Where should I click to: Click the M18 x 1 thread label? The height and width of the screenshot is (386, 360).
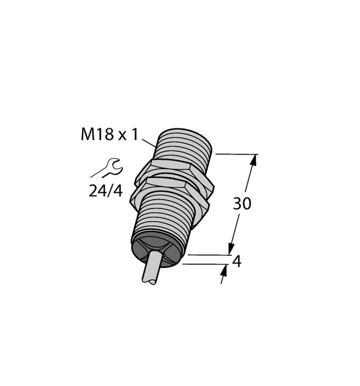coord(109,136)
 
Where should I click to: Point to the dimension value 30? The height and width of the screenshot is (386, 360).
coord(242,204)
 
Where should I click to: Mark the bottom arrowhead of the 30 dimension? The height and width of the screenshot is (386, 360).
coord(231,249)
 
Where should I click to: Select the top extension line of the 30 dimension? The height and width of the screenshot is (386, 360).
coord(236,154)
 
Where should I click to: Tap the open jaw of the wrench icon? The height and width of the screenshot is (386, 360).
coord(116,165)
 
